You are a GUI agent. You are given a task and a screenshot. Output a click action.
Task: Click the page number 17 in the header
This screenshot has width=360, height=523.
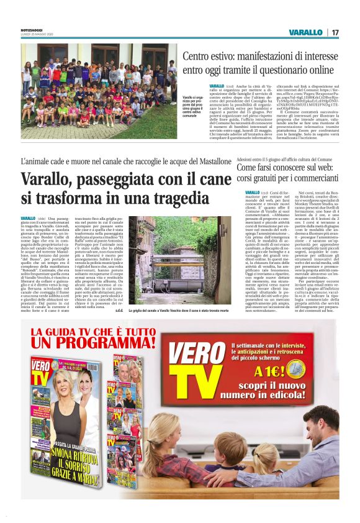335,32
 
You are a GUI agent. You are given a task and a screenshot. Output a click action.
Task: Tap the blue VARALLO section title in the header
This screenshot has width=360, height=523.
305,32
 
